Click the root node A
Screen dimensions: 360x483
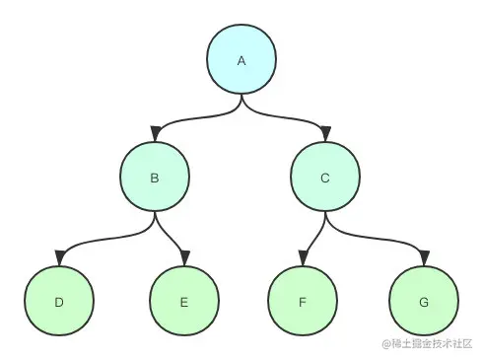(x=241, y=61)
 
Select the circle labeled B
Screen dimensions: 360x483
(x=155, y=179)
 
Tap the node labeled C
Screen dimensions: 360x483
(x=326, y=179)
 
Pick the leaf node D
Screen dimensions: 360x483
(x=59, y=302)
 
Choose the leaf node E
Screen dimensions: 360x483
(x=184, y=302)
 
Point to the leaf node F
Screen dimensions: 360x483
(x=302, y=302)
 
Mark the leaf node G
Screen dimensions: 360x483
(x=424, y=302)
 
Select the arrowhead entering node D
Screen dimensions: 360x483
(x=59, y=258)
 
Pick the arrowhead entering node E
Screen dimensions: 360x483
(x=183, y=258)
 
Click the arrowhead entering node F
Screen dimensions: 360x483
(x=303, y=258)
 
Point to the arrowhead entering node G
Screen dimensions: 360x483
(x=424, y=258)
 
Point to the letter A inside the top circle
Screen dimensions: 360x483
(x=241, y=61)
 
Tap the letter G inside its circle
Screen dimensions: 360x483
(x=424, y=302)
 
